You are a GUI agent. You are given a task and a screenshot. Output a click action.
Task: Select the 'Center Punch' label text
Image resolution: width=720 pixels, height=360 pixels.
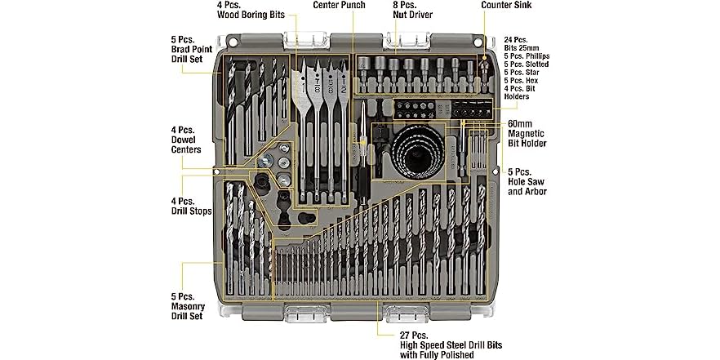coord(347,5)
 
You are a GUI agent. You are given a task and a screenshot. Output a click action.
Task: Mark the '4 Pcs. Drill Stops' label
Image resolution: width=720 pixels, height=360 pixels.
coord(191,206)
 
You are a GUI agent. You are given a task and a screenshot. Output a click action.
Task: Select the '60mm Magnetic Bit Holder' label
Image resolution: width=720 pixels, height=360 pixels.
coord(526,135)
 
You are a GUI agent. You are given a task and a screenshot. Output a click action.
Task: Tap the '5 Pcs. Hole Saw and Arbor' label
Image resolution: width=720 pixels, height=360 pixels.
coord(527,181)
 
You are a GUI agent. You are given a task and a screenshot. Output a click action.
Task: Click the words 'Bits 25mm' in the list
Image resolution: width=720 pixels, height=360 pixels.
coord(525,47)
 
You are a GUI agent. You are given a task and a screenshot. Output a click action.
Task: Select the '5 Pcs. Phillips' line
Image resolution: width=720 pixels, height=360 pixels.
coord(527,56)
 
